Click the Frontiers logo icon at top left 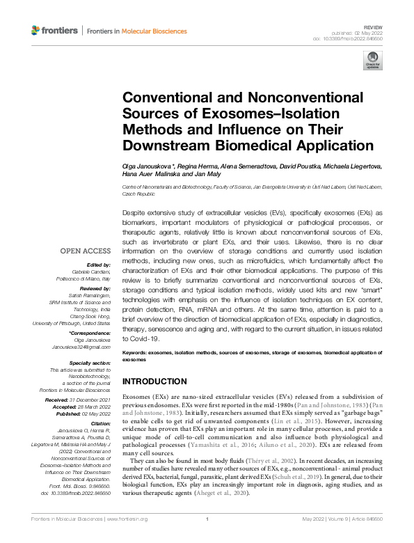[36, 31]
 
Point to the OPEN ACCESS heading [85, 251]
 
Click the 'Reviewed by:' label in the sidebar [94, 288]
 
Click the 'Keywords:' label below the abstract [138, 354]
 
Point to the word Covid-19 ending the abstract [143, 339]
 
